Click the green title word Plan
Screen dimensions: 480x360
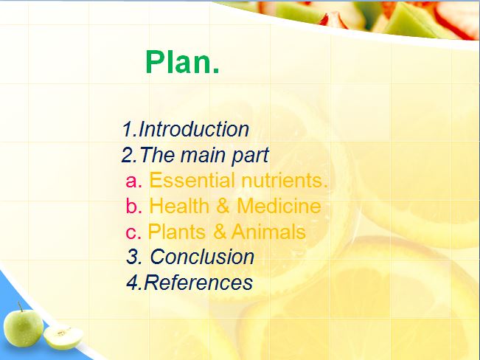pos(182,62)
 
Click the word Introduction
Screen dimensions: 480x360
pos(194,129)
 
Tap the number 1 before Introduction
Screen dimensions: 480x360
pos(128,129)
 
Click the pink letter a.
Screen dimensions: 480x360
pos(133,181)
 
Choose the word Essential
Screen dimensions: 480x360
pos(192,180)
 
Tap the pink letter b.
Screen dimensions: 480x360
pos(133,206)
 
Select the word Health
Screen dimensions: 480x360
pos(179,206)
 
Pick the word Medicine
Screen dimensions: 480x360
pos(279,206)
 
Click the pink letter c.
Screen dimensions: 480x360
pos(133,232)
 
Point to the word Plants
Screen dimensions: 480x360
pos(177,232)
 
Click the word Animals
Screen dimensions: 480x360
pos(268,232)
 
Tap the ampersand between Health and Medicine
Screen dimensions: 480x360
pos(223,206)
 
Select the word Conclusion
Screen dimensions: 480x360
pos(202,257)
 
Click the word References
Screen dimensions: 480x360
pos(198,282)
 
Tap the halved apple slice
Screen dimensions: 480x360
pos(63,336)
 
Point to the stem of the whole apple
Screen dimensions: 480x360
pos(20,306)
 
